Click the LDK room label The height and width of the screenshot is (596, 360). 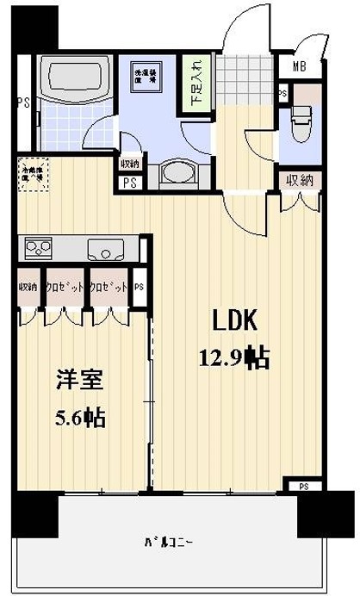tap(234, 320)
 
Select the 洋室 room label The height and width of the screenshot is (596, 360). tap(77, 380)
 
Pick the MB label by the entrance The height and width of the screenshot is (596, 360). tap(301, 67)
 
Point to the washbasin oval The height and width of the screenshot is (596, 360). tap(177, 173)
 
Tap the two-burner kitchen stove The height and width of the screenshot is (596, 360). tap(39, 248)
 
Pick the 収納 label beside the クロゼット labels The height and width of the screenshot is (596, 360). tap(27, 287)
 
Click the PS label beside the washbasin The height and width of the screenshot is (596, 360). tap(130, 183)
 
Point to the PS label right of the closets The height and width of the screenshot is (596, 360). tap(139, 288)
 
